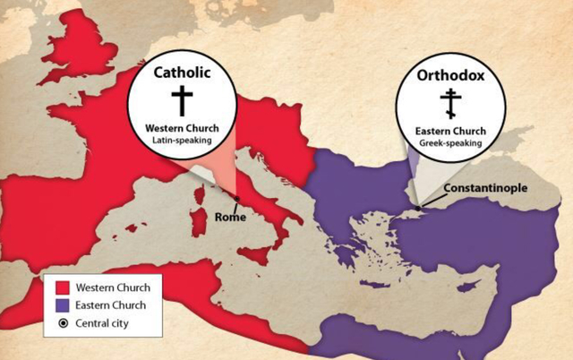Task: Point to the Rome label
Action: (231, 216)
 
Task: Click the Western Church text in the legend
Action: (112, 287)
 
